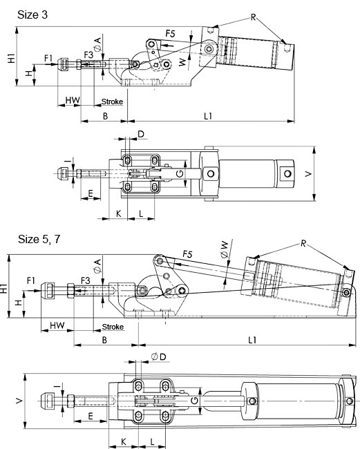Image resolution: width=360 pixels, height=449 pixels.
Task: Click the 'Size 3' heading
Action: click(x=32, y=15)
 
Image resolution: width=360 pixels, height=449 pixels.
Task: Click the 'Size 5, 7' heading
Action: click(x=39, y=239)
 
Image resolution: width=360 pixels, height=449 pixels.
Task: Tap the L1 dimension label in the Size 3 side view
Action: click(x=208, y=116)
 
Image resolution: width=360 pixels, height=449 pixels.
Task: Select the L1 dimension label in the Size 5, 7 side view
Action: click(x=252, y=340)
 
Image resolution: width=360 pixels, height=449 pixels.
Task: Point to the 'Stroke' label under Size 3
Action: click(x=112, y=102)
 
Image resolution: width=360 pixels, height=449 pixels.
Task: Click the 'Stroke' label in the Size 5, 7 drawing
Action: click(x=113, y=327)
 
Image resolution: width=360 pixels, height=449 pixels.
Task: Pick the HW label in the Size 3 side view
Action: click(x=73, y=100)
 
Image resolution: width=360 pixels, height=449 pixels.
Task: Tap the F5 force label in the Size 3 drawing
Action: click(x=170, y=34)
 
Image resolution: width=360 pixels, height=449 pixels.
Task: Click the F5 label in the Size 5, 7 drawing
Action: click(x=187, y=254)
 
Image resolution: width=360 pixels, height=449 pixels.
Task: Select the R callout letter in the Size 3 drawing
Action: click(x=253, y=17)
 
